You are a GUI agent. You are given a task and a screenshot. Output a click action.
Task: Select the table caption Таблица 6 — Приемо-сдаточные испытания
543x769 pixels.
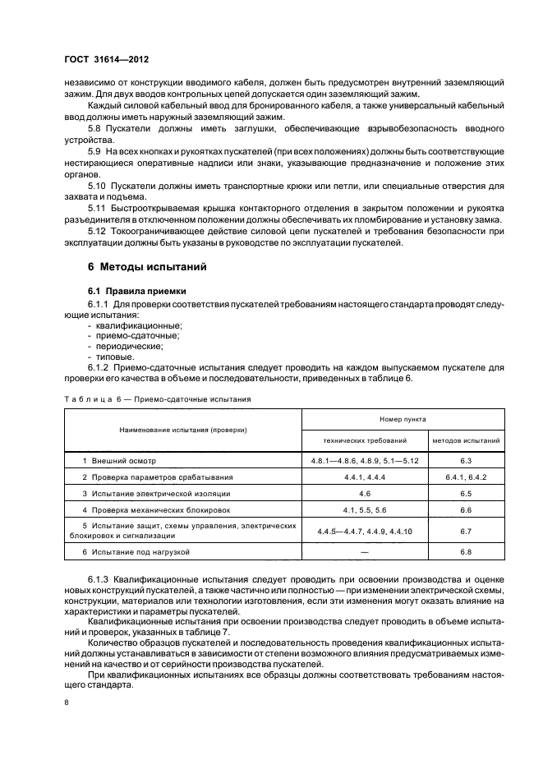tap(157, 398)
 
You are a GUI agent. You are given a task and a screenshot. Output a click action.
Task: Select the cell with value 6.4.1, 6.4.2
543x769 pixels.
tap(466, 477)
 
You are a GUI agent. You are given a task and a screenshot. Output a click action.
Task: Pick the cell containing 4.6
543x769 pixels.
tap(365, 494)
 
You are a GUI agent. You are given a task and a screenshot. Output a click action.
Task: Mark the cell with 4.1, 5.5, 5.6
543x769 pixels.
tap(365, 510)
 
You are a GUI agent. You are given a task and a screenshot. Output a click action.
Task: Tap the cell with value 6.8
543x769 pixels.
tap(466, 552)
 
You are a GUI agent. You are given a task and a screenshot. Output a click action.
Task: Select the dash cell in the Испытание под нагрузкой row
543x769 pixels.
tap(365, 552)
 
